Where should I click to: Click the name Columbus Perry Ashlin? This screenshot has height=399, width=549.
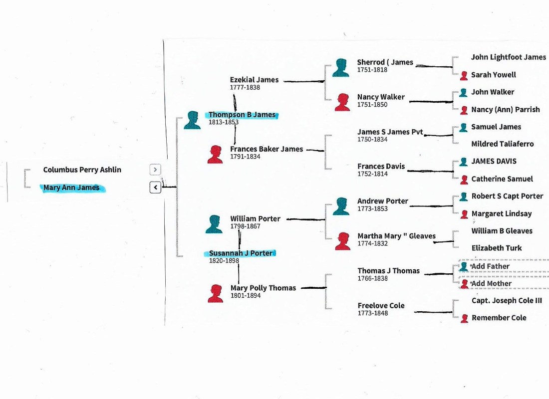(82, 170)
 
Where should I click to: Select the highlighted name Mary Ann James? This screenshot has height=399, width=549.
(71, 188)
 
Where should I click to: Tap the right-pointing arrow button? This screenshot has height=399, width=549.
(155, 170)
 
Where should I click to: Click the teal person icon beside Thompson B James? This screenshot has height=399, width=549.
(192, 120)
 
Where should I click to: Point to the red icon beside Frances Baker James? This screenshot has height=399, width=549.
(215, 154)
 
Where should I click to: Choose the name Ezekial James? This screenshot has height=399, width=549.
(254, 80)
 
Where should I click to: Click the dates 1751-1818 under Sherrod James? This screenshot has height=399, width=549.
(372, 70)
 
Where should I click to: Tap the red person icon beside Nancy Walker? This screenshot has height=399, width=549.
(342, 102)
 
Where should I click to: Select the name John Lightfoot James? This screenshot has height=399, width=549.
(508, 57)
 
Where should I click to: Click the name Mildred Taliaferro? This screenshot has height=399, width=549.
(502, 144)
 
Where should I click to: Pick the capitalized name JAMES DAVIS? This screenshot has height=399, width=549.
(494, 161)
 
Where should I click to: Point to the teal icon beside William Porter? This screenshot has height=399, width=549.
(214, 224)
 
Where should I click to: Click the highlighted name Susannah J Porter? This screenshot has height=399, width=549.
(241, 253)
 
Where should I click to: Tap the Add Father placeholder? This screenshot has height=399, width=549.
(490, 266)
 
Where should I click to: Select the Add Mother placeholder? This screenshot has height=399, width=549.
(491, 284)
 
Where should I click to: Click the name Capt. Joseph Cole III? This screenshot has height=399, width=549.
(507, 301)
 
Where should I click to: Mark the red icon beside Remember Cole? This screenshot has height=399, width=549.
(464, 318)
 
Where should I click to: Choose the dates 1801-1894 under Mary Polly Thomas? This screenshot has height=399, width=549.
(245, 296)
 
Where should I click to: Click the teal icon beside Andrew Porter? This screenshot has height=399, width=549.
(341, 206)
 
